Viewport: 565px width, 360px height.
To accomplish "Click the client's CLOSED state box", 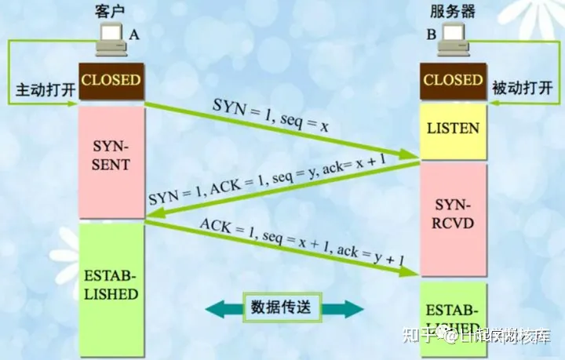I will (x=111, y=81).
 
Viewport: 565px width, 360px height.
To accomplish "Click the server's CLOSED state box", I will (x=453, y=81).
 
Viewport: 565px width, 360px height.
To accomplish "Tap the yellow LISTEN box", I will (x=453, y=126).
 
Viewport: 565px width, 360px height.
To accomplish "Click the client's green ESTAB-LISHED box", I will (x=111, y=285).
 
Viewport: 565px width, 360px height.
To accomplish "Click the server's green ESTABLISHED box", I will (x=453, y=314).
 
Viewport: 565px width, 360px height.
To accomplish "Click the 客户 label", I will (x=110, y=11).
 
